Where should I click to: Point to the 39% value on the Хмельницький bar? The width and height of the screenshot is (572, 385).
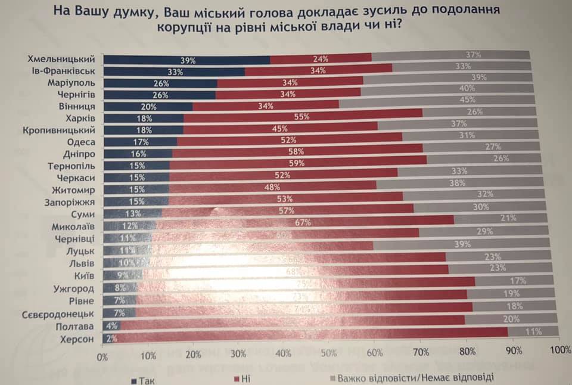click(x=188, y=60)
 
